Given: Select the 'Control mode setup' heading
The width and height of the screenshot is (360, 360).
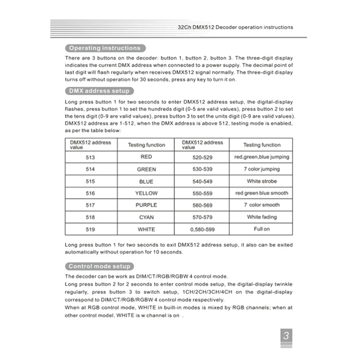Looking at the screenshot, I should tap(99, 266).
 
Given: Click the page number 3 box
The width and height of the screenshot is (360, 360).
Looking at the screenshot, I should tap(286, 336).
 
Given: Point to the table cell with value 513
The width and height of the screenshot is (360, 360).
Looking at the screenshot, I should tap(90, 157).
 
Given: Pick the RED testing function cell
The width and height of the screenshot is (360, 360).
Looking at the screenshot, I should tap(146, 157).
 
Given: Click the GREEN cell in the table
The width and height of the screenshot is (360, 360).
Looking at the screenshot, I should tap(146, 169).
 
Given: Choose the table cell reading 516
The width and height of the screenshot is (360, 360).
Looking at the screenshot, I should tap(90, 193).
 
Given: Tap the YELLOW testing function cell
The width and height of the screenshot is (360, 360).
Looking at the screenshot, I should tap(146, 193).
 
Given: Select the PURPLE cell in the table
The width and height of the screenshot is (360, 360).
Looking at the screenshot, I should tap(146, 205).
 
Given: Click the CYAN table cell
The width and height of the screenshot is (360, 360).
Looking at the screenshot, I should tap(146, 217).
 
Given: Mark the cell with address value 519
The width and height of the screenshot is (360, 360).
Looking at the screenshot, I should tap(90, 229).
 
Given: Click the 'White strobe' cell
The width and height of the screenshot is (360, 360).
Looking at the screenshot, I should tap(261, 181).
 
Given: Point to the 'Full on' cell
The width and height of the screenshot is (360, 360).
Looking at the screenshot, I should tap(261, 229).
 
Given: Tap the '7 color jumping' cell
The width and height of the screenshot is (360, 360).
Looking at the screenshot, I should tap(261, 169).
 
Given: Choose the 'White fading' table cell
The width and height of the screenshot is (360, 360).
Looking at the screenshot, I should tap(261, 217).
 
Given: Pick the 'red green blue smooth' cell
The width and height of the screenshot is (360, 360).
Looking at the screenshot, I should tap(261, 193).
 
